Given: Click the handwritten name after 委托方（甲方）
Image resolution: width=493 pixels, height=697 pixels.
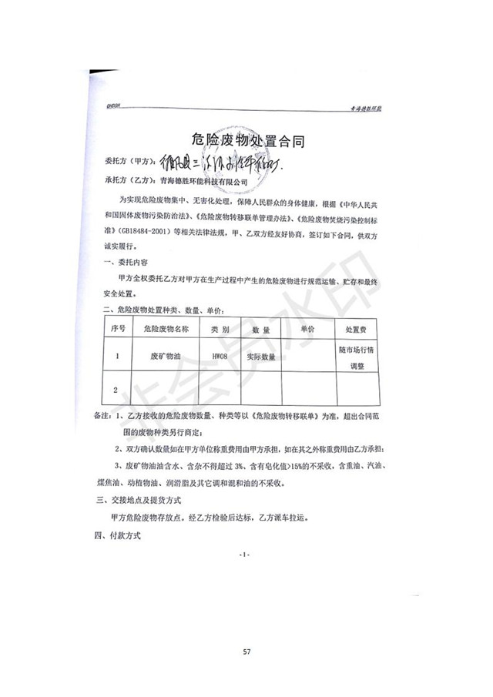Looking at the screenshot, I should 220,163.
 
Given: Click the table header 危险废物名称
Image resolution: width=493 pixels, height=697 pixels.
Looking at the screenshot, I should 160,329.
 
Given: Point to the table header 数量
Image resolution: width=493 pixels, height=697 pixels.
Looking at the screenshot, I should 260,329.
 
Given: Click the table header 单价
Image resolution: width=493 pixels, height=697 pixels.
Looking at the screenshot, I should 307,329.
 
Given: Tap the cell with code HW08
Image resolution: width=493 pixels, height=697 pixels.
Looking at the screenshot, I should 219,357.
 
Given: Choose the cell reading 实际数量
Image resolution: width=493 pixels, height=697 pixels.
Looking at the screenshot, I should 260,357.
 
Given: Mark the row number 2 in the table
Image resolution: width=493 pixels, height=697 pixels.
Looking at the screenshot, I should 116,390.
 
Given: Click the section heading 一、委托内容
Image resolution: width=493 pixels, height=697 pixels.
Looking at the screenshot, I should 116,263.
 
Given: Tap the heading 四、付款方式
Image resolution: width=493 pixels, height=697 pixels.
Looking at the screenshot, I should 117,535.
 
